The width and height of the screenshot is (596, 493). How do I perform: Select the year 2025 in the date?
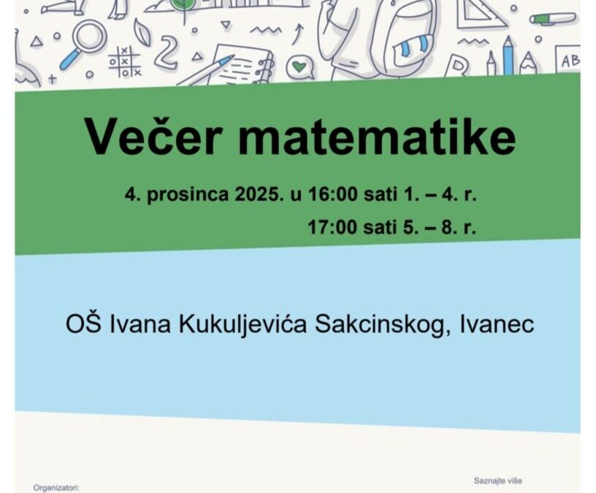tap(255, 195)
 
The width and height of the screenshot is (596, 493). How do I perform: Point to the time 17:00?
tap(332, 227)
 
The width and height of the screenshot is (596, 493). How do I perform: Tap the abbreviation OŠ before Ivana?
tap(80, 324)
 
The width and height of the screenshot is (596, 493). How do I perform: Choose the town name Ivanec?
tap(497, 324)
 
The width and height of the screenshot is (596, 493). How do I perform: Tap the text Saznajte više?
tap(498, 481)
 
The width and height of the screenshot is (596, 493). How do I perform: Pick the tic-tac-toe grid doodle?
tap(124, 61)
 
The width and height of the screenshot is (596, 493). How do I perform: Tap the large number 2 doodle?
tap(167, 53)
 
